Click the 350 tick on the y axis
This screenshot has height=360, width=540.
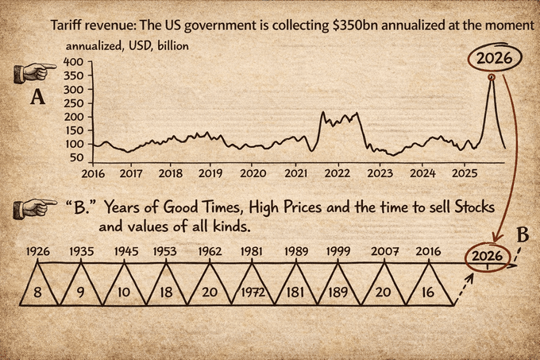click(x=73, y=75)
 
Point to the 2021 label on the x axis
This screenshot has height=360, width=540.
click(x=296, y=173)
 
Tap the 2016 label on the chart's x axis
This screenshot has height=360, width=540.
click(x=93, y=173)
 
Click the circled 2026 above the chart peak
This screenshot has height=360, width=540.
click(x=495, y=57)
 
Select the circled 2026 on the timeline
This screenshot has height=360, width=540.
click(x=487, y=257)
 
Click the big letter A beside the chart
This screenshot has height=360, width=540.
click(x=37, y=97)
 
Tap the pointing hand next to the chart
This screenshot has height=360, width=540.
click(x=35, y=72)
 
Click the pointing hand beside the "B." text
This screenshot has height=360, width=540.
click(x=35, y=209)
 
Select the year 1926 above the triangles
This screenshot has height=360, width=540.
click(x=37, y=251)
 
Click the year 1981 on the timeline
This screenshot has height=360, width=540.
click(x=251, y=251)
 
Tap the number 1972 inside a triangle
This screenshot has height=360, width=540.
click(x=253, y=292)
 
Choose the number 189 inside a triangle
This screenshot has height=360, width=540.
click(x=337, y=292)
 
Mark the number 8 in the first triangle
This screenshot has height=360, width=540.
click(x=37, y=292)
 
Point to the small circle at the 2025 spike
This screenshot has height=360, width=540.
click(x=492, y=78)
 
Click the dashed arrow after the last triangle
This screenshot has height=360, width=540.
click(x=465, y=288)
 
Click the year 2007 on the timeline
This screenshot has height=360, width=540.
click(x=384, y=251)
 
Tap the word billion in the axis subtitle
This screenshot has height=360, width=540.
click(x=173, y=46)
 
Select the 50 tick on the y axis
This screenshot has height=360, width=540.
click(x=75, y=158)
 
